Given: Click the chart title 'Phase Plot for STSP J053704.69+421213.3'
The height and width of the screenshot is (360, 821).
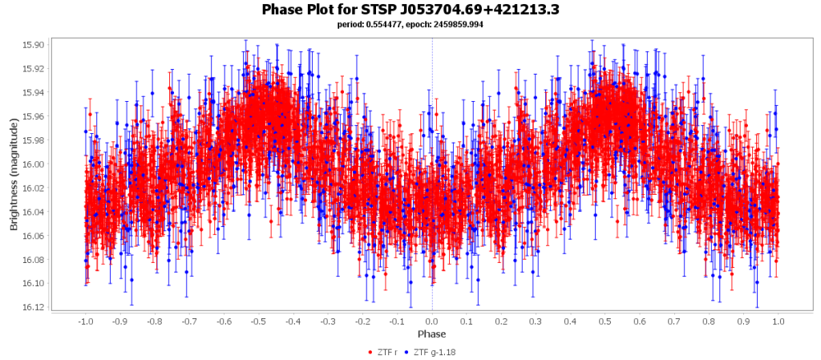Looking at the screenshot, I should click(x=410, y=10).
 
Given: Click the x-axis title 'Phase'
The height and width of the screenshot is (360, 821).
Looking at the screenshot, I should click(x=431, y=334).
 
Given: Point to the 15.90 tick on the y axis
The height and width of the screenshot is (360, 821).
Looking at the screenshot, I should click(x=35, y=45).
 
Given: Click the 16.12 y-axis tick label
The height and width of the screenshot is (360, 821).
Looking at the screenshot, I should click(x=35, y=307).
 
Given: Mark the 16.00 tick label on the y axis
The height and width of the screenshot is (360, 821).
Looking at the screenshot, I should click(x=35, y=164).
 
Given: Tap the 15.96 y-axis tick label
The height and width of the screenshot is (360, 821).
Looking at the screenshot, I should click(x=35, y=116).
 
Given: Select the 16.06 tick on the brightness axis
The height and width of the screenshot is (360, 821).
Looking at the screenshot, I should click(x=35, y=236).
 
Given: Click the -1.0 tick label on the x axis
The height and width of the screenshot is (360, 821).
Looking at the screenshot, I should click(x=84, y=322).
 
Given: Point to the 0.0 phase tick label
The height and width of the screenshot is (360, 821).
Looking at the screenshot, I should click(x=432, y=322).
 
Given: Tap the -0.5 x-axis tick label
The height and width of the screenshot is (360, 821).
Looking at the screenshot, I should click(x=257, y=322).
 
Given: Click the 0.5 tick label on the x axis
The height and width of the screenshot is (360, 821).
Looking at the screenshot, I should click(x=605, y=322).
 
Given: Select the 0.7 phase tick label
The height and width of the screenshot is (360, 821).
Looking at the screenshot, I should click(x=674, y=322).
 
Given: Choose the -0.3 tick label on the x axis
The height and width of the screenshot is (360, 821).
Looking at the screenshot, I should click(x=327, y=322).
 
